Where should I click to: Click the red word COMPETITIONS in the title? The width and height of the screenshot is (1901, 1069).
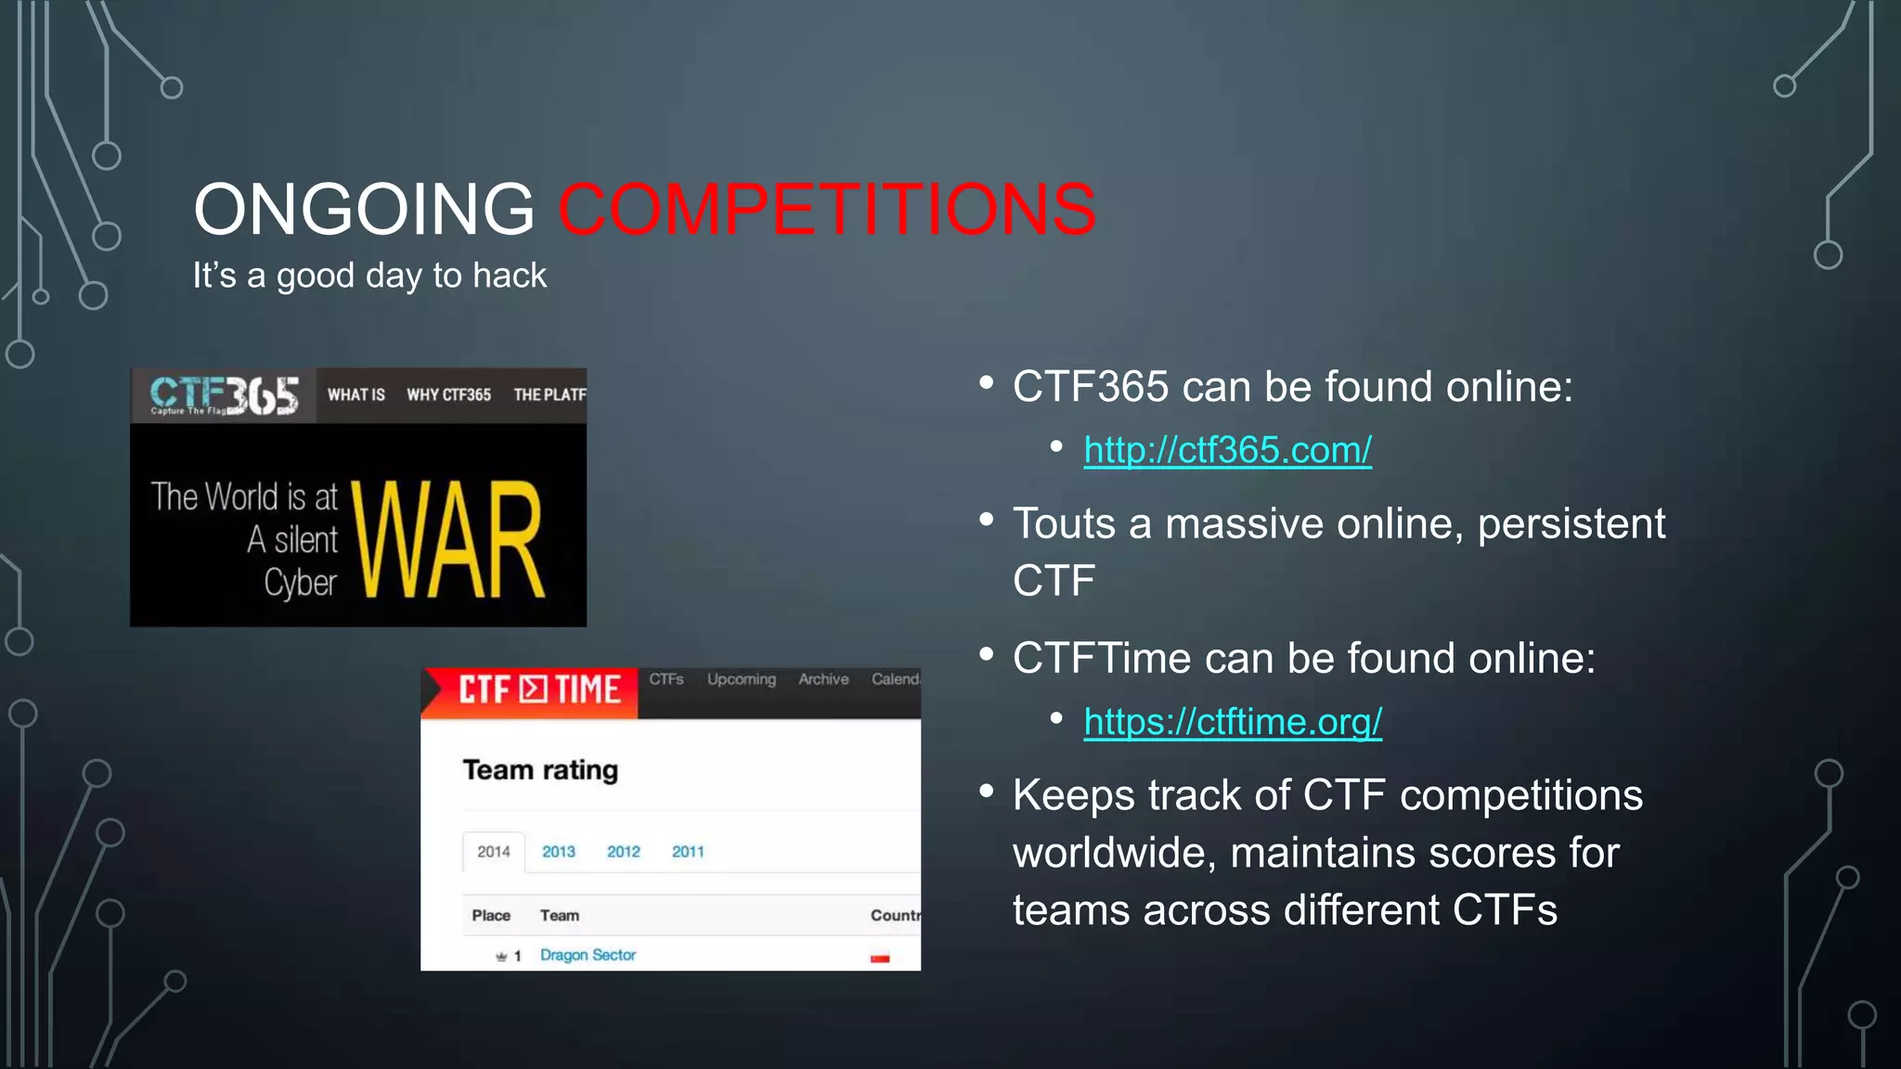(x=826, y=210)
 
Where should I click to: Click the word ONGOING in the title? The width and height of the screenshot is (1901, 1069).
(x=364, y=210)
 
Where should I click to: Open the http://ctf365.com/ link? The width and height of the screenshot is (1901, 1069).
(x=1227, y=450)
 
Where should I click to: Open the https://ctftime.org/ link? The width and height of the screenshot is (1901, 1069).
(x=1233, y=722)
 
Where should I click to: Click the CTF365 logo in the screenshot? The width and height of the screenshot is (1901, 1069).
(x=224, y=396)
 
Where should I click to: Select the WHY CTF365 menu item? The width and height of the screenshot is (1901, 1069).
(x=448, y=395)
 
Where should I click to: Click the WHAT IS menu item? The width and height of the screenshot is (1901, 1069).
(x=356, y=395)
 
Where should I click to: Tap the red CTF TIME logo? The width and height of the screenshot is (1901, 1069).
(x=538, y=690)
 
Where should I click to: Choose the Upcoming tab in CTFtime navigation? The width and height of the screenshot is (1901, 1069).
(x=741, y=679)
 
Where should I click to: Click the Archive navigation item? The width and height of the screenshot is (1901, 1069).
(x=823, y=679)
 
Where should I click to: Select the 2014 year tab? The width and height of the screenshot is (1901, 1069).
(x=494, y=852)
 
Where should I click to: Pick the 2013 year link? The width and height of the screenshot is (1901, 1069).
(x=559, y=852)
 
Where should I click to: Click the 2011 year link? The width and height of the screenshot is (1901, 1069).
(x=688, y=852)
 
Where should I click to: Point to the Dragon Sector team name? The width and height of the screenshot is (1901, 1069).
(x=588, y=955)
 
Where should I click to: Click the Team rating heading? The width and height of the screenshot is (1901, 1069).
(x=540, y=770)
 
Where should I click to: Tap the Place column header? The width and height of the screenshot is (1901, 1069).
(x=491, y=916)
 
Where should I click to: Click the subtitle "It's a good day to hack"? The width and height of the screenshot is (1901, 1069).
(x=369, y=276)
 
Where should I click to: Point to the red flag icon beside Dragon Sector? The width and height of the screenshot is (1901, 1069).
(x=880, y=958)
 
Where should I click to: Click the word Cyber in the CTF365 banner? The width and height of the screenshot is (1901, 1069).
(x=300, y=583)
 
